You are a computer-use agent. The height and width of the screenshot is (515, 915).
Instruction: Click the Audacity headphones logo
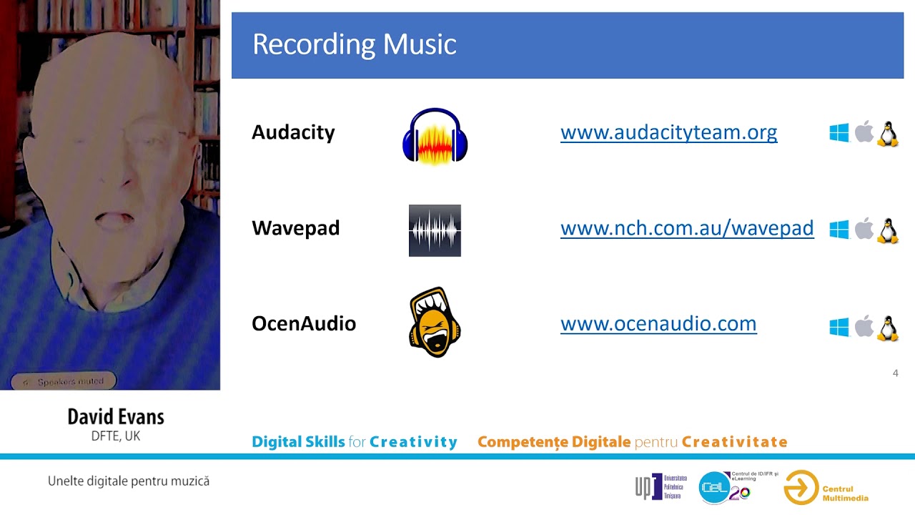coord(435,136)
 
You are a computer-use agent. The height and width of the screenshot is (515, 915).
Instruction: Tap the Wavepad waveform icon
coord(435,230)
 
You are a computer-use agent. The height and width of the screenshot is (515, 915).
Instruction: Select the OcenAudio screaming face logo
coord(435,323)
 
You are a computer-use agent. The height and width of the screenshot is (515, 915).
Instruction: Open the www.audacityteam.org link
coord(668,132)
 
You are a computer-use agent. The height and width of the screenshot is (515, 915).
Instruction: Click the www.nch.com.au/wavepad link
coord(687,228)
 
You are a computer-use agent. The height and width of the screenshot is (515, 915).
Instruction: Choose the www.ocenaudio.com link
coord(658,323)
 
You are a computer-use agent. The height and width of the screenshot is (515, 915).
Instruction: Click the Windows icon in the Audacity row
coord(839,133)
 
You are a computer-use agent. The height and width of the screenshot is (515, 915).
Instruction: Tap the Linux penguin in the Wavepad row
coord(887,230)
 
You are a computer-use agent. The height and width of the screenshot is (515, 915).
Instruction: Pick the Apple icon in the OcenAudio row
coord(864,326)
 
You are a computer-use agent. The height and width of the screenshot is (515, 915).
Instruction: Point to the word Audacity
coord(293,133)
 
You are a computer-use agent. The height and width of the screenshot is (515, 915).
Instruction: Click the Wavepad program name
coord(295,229)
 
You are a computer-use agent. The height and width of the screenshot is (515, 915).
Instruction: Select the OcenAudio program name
coord(304,324)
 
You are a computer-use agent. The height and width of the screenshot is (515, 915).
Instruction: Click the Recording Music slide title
coord(354,44)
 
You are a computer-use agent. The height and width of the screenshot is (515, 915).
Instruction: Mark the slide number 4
coord(895,373)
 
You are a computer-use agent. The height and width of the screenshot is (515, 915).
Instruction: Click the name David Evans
coord(116,417)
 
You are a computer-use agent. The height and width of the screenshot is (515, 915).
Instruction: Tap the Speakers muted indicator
coord(64,382)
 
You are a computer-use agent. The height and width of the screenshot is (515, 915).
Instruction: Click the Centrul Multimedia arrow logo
coord(801,488)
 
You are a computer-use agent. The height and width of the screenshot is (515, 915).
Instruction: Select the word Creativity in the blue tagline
coord(413,442)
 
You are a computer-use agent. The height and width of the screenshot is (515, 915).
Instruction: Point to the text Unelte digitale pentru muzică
coord(129,481)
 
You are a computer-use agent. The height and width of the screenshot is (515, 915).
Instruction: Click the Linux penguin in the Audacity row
coord(887,134)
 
